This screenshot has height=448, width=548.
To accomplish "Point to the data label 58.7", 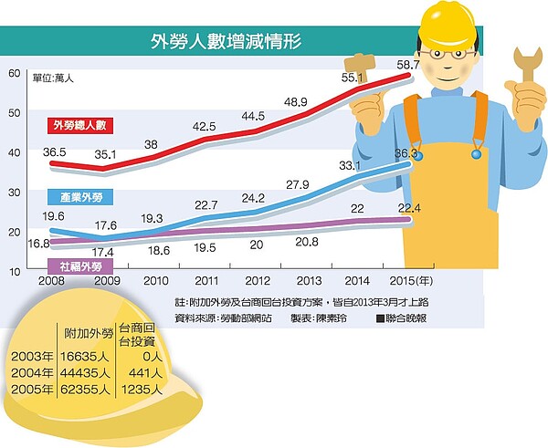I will tap(407, 65).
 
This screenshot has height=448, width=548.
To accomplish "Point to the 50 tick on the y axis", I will tap(13, 113).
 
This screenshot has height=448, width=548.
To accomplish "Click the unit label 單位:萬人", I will tap(52, 78).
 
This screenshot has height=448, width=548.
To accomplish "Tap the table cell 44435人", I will tap(86, 373).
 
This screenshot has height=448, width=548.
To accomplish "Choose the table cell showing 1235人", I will tap(142, 390).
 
